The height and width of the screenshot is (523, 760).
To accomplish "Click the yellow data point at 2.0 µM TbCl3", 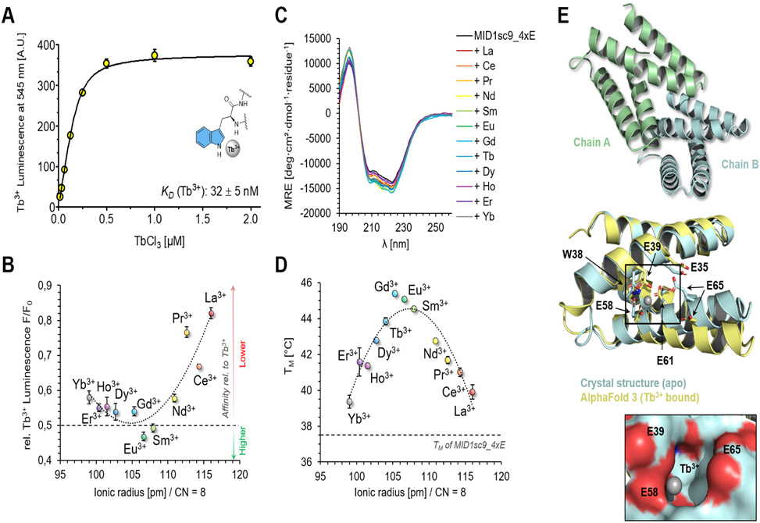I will (x=250, y=61).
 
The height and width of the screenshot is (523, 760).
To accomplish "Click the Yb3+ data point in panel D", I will (x=349, y=402).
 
